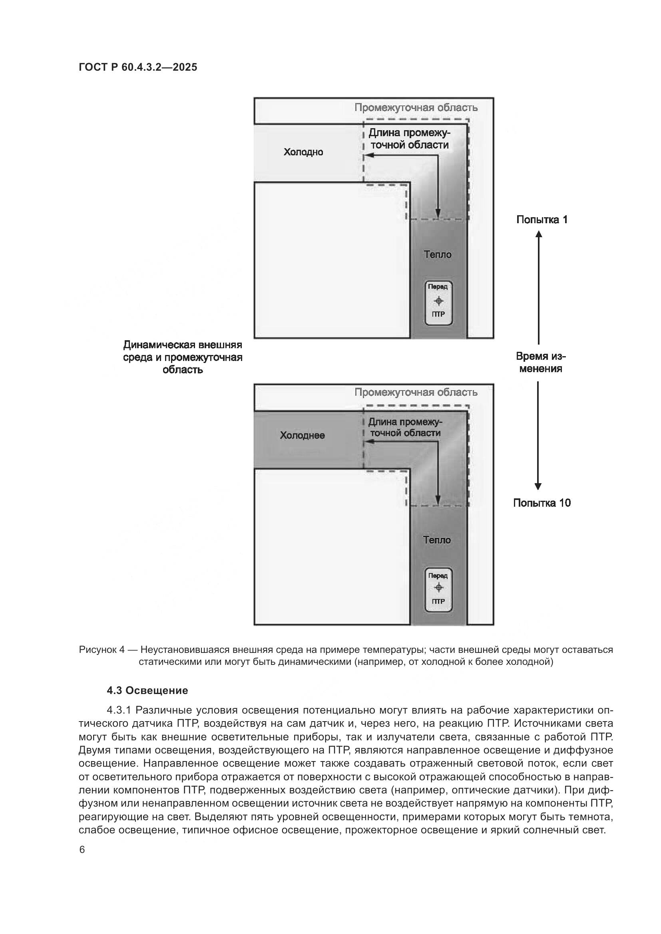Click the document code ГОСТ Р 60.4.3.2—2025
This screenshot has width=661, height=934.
point(137,67)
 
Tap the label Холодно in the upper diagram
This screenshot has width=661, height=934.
point(303,152)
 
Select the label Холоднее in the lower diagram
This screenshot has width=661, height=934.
point(302,436)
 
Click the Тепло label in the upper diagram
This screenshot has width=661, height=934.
point(438,255)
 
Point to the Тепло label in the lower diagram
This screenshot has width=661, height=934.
point(437,540)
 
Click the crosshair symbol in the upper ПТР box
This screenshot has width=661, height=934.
point(438,301)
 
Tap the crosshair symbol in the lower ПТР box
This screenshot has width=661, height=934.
point(438,587)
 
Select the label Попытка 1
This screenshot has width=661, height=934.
point(542,220)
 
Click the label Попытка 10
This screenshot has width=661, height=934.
point(542,503)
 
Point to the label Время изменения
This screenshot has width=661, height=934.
point(541,363)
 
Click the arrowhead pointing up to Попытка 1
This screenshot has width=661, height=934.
point(538,234)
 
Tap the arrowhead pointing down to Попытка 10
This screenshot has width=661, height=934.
point(538,486)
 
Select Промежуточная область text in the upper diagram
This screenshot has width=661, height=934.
point(416,108)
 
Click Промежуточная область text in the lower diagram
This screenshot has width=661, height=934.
point(416,393)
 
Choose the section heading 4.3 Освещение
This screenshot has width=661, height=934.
point(147,690)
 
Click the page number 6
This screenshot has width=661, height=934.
point(82,850)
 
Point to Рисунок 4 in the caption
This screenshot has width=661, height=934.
point(102,650)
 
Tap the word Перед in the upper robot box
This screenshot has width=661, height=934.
point(438,286)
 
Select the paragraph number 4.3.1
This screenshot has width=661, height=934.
point(118,710)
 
